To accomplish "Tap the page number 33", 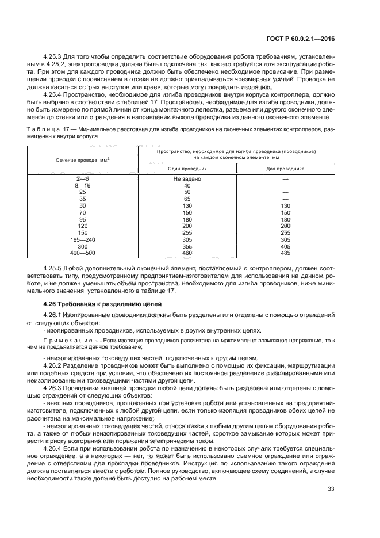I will [331, 489].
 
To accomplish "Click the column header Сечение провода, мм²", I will [83, 160].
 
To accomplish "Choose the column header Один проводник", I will [187, 169].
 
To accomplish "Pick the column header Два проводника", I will [285, 169].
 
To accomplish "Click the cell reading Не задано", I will [187, 180].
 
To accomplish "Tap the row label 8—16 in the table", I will [83, 186].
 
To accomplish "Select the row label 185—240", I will [83, 239].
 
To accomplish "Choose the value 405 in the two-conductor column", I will [285, 246].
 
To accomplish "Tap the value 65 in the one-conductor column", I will [187, 199].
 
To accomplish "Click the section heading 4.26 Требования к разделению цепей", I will [102, 304].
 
